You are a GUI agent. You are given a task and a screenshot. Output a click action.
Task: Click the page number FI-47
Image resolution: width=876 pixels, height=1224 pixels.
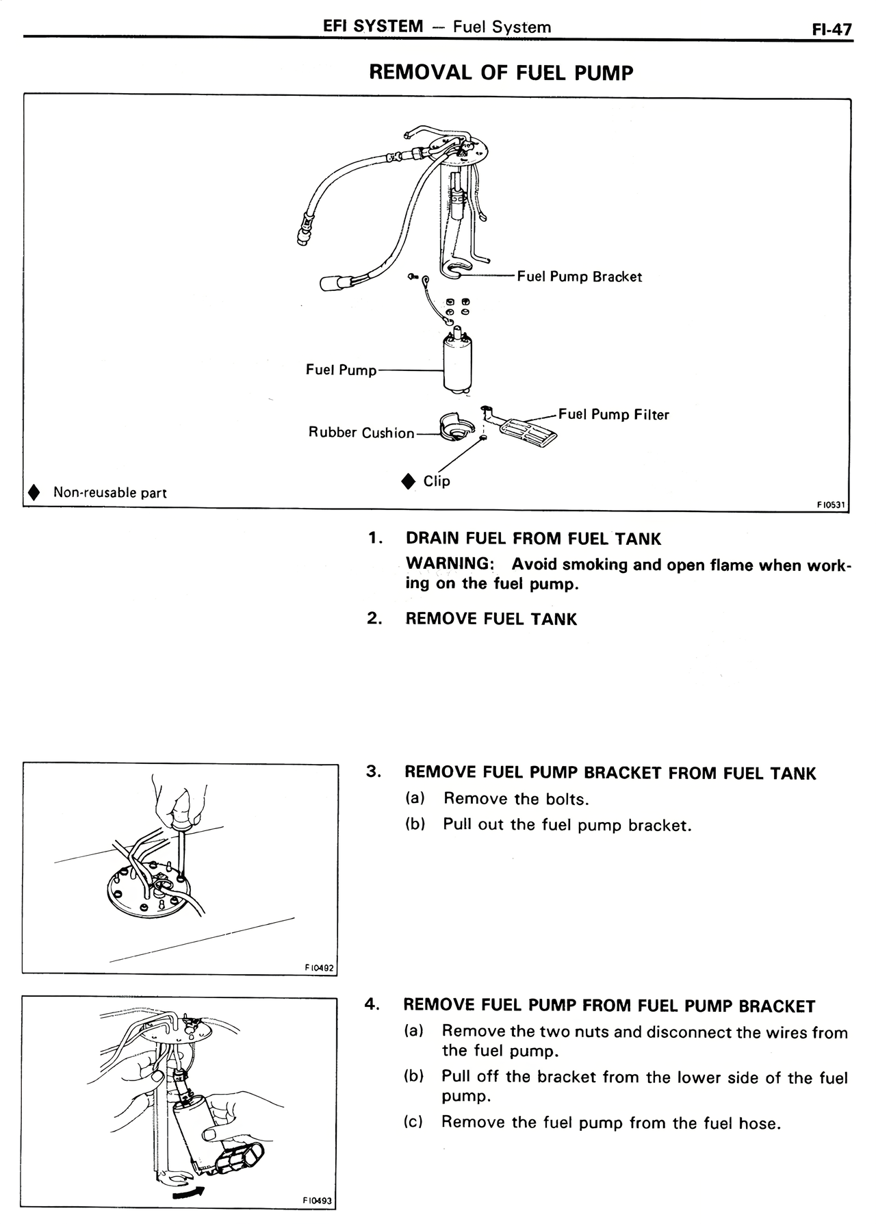click(832, 29)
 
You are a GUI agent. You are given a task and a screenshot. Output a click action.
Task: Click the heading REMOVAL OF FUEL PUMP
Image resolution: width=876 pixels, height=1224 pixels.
click(501, 73)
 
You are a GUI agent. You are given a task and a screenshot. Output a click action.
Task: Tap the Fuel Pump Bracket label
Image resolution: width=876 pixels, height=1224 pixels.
click(579, 277)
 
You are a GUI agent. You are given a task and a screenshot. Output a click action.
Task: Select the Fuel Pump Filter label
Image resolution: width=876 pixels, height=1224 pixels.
click(613, 415)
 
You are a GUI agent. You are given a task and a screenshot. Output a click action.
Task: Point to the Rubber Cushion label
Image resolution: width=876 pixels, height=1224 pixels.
click(361, 433)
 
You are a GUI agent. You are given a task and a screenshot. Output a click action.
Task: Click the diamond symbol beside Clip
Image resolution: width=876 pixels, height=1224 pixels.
click(409, 481)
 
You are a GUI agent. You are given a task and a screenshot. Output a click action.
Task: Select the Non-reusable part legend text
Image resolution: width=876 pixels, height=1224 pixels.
click(109, 492)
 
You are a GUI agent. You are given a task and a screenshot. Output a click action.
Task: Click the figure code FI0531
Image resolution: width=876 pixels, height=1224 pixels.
click(831, 505)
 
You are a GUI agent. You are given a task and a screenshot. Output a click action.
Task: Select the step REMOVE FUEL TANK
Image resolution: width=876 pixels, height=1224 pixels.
click(491, 619)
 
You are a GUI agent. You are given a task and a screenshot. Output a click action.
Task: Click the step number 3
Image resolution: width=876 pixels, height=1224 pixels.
click(372, 772)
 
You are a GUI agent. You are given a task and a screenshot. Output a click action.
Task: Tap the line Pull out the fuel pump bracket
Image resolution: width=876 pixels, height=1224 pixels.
click(567, 825)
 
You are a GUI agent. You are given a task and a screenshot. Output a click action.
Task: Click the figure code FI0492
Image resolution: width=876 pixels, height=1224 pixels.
click(318, 967)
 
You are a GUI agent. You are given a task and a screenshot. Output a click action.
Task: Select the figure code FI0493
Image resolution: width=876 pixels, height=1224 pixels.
click(317, 1201)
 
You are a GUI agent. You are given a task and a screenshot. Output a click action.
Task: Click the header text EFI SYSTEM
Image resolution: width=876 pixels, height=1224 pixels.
click(373, 27)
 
